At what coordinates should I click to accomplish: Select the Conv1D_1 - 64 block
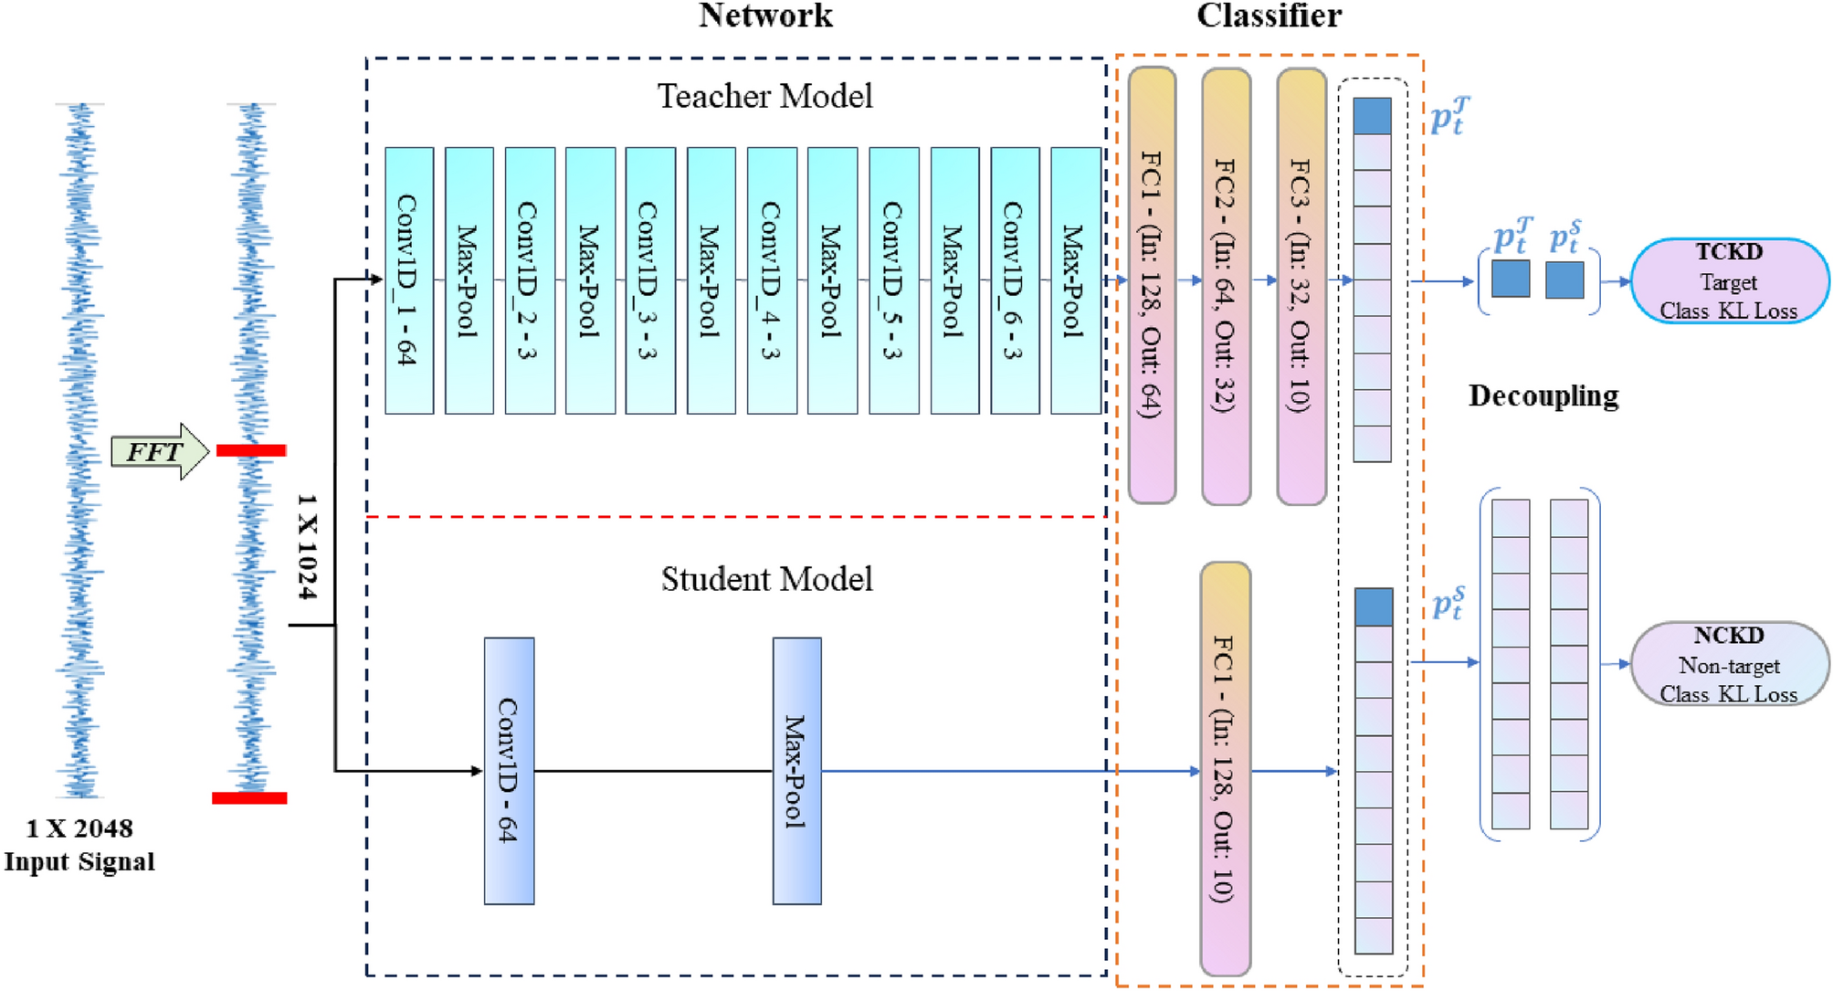click(x=408, y=280)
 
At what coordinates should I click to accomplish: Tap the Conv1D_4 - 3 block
click(x=772, y=280)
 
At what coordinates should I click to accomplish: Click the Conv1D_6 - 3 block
click(x=1014, y=280)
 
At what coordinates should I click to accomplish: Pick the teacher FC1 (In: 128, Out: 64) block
click(x=1152, y=284)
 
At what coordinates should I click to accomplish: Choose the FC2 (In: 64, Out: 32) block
click(x=1226, y=284)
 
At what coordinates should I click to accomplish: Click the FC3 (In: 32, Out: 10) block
click(x=1301, y=284)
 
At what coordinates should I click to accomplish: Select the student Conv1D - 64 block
click(x=509, y=771)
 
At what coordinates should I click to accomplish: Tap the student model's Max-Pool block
click(x=796, y=771)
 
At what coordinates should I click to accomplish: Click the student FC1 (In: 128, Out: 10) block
click(x=1224, y=769)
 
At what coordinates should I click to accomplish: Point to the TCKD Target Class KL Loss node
click(x=1728, y=281)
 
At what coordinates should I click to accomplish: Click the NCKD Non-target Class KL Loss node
click(x=1728, y=664)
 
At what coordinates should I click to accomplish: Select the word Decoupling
click(x=1543, y=395)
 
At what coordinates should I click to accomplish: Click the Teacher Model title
click(x=764, y=96)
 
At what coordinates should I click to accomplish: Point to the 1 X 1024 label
click(x=308, y=546)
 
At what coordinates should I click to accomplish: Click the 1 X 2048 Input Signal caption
click(x=79, y=845)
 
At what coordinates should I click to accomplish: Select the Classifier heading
click(x=1268, y=16)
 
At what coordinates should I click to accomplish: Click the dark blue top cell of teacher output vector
click(x=1372, y=116)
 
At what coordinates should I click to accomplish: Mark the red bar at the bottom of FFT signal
click(x=249, y=798)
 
